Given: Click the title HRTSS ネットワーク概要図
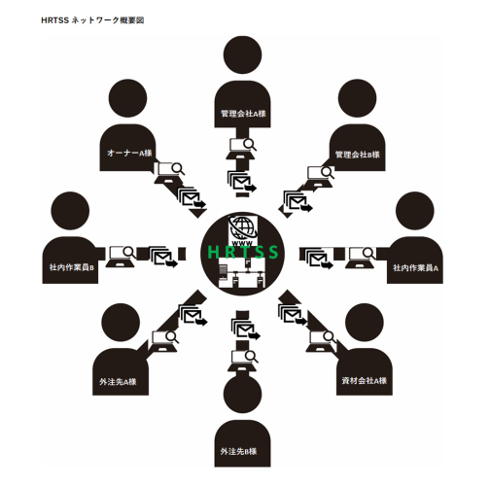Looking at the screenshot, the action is point(92,20).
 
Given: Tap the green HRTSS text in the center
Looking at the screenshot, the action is point(243,252).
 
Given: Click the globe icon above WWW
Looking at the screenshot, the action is point(242,227).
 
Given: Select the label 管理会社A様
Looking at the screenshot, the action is point(243,114).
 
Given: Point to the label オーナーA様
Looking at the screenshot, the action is point(129,153).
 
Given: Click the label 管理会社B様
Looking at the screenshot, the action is point(357,155).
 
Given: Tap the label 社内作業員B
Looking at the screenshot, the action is point(72,267).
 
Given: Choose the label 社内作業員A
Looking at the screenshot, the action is point(415,268).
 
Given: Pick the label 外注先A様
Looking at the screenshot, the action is point(118,382).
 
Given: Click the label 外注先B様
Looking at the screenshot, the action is point(238,451).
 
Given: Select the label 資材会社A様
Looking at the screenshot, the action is point(365,381).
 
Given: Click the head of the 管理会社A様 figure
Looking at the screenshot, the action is point(242,54).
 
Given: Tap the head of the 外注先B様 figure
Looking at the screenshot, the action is point(242,394).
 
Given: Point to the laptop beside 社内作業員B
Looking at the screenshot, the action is point(121,257).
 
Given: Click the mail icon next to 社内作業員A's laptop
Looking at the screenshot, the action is point(318,259).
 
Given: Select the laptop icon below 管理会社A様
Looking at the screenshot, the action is point(241,149).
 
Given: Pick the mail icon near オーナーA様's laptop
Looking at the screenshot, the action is point(192,197).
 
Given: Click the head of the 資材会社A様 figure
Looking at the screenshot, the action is point(365,323).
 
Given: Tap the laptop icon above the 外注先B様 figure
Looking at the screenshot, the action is point(243,361).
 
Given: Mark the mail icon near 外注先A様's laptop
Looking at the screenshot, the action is point(193,315).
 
